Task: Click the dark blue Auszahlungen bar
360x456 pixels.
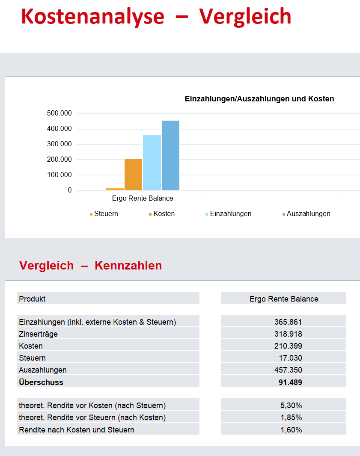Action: pos(170,155)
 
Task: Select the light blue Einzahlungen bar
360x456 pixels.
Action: pos(152,162)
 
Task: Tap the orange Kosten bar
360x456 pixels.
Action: pos(133,174)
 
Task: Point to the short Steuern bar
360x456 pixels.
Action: pos(115,189)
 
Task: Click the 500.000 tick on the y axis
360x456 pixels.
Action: pos(60,113)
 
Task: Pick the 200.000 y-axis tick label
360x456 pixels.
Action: pos(60,160)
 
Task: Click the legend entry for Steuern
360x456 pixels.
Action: pos(104,214)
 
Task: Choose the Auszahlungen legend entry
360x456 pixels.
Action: pos(306,214)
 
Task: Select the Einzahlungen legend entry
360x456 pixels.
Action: pos(228,214)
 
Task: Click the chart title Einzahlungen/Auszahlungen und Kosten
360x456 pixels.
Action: pos(259,99)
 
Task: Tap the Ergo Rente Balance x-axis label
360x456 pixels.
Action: pos(143,198)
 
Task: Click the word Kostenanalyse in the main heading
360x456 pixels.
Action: pos(93,17)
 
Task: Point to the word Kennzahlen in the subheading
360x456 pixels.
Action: pos(128,266)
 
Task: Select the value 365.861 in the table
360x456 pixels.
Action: pos(288,322)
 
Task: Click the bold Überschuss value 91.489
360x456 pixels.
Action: pos(290,382)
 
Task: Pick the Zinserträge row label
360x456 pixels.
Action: pos(38,334)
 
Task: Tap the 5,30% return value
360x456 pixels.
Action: pos(291,406)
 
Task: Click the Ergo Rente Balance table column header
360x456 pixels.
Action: pos(284,299)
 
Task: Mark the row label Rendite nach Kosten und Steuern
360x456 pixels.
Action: pos(77,430)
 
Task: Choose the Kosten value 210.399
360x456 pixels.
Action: pos(288,346)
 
